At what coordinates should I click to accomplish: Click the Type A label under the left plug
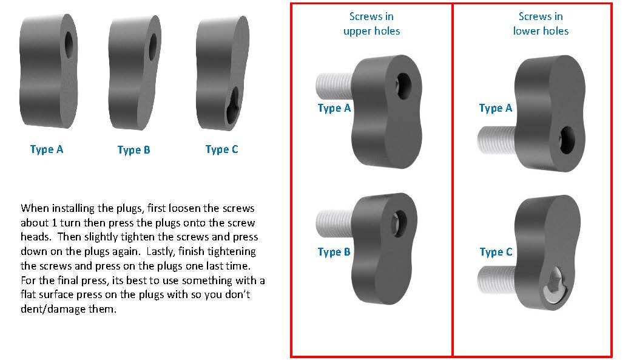point(47,149)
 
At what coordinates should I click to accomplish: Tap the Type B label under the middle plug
point(133,150)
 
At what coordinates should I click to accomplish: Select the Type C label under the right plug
point(221,149)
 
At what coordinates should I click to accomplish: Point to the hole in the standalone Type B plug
point(153,47)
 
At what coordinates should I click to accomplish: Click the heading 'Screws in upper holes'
point(371,24)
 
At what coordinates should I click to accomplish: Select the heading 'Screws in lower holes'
point(541,24)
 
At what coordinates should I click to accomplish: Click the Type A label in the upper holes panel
point(334,108)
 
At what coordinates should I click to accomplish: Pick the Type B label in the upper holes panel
point(334,252)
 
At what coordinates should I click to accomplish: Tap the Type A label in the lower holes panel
point(495,108)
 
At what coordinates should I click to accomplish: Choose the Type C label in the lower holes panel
point(496,252)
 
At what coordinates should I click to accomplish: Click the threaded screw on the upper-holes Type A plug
point(335,85)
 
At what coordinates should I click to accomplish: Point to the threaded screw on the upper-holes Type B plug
point(335,223)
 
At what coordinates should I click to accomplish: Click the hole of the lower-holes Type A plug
point(567,140)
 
